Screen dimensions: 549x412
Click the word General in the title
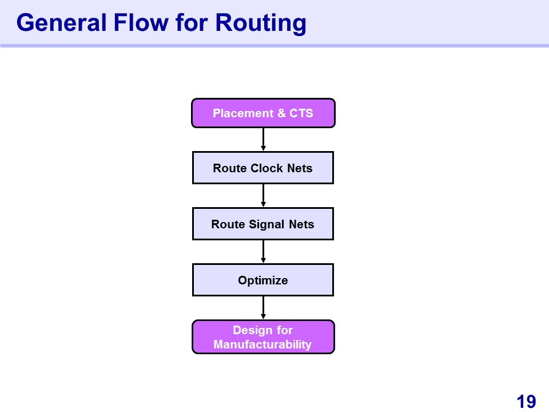coord(61,23)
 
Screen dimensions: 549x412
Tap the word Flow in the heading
coord(141,23)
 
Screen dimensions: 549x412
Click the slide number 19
coord(526,402)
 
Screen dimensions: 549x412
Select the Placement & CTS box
coord(263,113)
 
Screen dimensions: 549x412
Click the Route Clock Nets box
coord(263,168)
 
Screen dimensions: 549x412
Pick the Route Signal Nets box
coord(263,224)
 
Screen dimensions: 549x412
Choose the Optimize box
coord(263,280)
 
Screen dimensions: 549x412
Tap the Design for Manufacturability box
coord(263,337)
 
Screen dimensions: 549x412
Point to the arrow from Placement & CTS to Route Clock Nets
coord(263,140)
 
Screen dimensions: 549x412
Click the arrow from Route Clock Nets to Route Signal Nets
coord(263,196)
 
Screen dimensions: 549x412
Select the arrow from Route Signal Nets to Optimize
coord(263,252)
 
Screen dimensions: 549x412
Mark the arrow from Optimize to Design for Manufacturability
coord(263,308)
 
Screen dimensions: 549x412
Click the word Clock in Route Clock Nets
coord(267,168)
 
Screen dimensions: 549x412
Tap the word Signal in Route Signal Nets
coord(266,225)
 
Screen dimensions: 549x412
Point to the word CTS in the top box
coord(301,113)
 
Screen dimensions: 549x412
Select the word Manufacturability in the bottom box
coord(262,344)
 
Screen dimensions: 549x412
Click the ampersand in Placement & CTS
coord(281,113)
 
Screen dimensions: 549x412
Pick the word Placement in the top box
coord(244,113)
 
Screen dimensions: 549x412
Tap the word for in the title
coord(192,23)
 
